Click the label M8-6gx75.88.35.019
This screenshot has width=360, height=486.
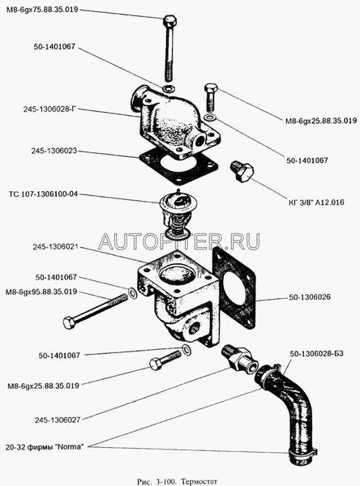pyautogui.click(x=42, y=10)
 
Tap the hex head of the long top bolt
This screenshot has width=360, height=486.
pyautogui.click(x=169, y=21)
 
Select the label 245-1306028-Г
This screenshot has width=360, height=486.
pyautogui.click(x=49, y=109)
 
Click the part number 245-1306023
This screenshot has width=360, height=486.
pyautogui.click(x=54, y=151)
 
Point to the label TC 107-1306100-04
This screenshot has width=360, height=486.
pyautogui.click(x=44, y=194)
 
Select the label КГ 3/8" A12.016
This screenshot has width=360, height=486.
pyautogui.click(x=315, y=202)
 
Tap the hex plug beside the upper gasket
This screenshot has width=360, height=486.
pyautogui.click(x=242, y=171)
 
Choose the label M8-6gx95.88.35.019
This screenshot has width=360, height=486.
pyautogui.click(x=41, y=292)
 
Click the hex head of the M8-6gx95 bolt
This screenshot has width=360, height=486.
pyautogui.click(x=69, y=322)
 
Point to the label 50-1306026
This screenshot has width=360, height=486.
pyautogui.click(x=310, y=297)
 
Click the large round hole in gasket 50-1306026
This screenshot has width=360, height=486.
pyautogui.click(x=235, y=289)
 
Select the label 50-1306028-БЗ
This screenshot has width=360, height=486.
pyautogui.click(x=316, y=354)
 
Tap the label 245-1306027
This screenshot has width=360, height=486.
pyautogui.click(x=58, y=420)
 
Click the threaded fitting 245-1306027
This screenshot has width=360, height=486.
pyautogui.click(x=239, y=357)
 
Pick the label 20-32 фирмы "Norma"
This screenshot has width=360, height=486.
pyautogui.click(x=45, y=447)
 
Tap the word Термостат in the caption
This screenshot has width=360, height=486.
pyautogui.click(x=199, y=482)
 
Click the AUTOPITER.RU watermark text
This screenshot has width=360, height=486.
pyautogui.click(x=178, y=241)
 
